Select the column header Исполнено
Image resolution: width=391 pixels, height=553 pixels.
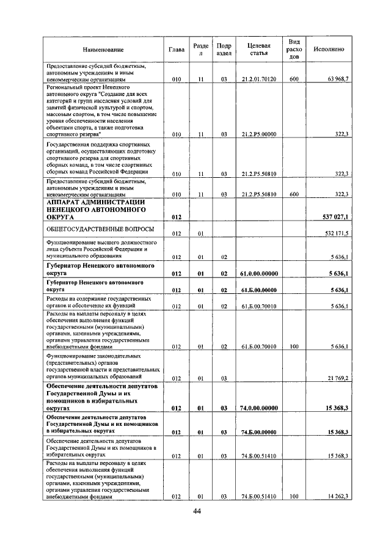(329, 49)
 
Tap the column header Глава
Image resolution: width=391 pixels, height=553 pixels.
(177, 49)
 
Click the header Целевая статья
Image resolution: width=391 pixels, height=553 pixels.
(259, 49)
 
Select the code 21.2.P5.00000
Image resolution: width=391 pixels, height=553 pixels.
(259, 134)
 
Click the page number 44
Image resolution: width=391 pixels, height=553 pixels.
(195, 512)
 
